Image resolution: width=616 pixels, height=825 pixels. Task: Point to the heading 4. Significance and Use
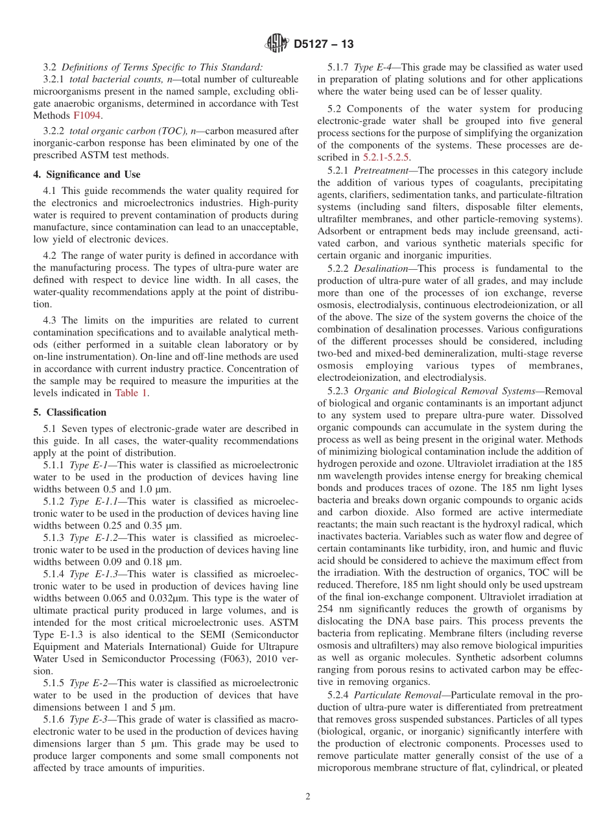click(x=87, y=174)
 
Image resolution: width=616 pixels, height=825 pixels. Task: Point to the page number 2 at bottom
click(x=308, y=797)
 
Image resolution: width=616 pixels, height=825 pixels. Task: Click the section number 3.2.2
click(x=54, y=131)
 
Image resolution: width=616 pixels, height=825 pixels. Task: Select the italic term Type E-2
click(x=88, y=682)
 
